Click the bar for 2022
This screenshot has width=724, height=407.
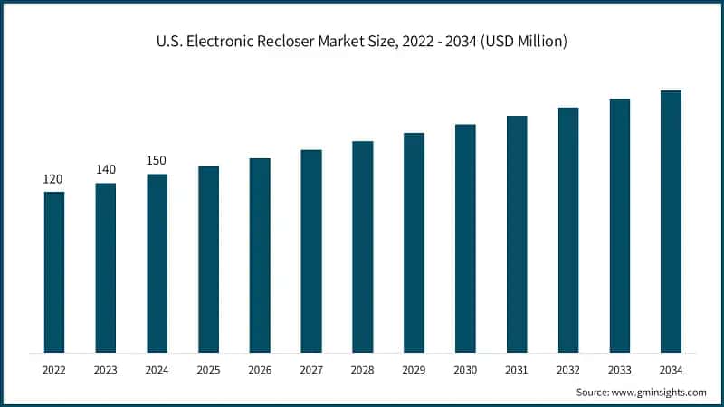coord(54,271)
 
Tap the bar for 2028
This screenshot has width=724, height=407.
coord(362,246)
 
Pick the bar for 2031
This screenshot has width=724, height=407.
coord(517,233)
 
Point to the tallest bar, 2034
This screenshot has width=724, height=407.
coord(671,221)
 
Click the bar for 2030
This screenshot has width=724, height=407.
coord(465,238)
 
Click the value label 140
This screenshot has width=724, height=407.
coord(106,170)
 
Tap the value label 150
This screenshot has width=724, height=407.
coord(157,161)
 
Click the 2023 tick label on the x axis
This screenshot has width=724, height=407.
coord(106,369)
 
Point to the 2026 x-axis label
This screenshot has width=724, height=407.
coord(260,369)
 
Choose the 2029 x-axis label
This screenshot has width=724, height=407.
coord(414,369)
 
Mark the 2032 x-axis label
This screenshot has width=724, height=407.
coord(568,369)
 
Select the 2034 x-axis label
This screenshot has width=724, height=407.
coord(671,369)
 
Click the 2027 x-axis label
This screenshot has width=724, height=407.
coord(311,369)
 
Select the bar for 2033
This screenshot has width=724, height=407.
coord(619,225)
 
